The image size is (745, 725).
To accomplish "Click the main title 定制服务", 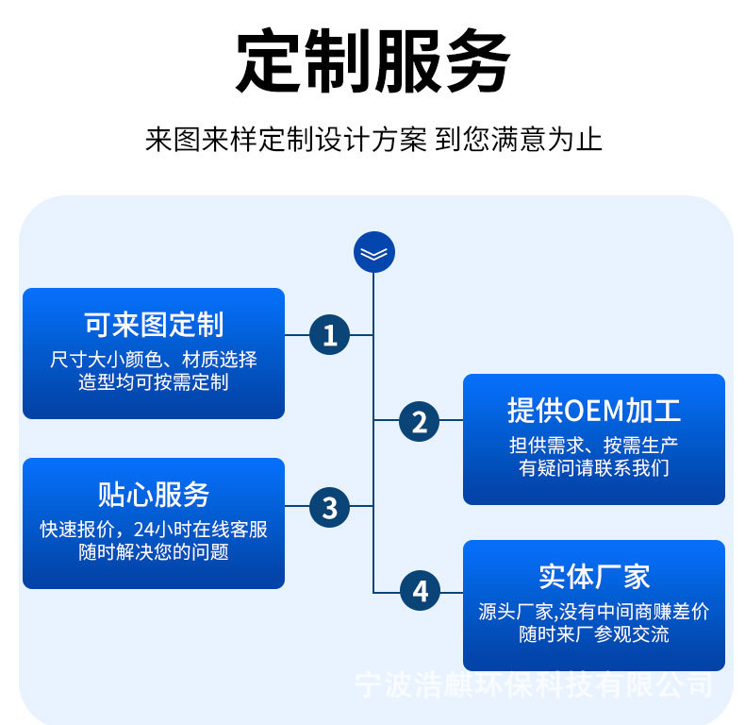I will pos(372,62).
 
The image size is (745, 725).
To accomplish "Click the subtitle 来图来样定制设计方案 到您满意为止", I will pos(372,141).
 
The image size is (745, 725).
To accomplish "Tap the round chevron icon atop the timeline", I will pos(374,252).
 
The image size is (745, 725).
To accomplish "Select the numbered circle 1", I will pos(329,335).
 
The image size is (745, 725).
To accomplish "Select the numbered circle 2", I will pos(420,421).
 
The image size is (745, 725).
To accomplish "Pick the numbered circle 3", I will pos(329,507).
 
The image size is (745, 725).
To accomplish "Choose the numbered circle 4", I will pos(420,592).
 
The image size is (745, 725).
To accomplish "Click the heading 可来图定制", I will pos(154,325).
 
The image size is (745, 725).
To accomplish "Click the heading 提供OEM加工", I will pos(593,411).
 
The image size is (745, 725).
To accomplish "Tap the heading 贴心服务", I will pos(154,495).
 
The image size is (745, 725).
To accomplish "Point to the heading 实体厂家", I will pos(593,576).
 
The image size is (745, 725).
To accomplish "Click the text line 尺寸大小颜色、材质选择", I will pos(154,360).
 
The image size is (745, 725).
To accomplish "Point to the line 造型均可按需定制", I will pos(154,382).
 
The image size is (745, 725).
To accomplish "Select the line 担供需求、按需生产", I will pos(593,446).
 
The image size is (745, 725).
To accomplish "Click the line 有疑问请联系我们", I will pos(593,468).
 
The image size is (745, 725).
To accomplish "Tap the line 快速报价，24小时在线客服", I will pos(154,530).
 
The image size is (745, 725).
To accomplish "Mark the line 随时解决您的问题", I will pos(154,552).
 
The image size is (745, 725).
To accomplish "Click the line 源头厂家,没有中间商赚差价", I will pos(593,612).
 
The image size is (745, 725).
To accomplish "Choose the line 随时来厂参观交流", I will pos(593,634).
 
